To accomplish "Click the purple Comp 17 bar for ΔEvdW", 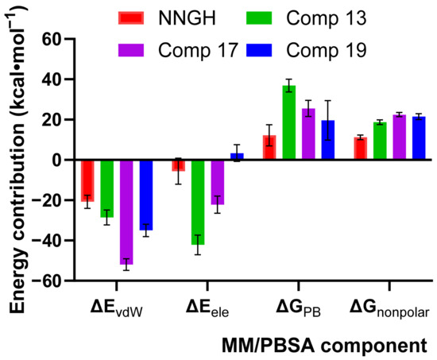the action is [126, 212].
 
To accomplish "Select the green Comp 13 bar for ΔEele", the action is [198, 203].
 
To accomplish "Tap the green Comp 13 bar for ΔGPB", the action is [289, 122].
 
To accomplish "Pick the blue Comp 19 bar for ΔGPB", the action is [328, 140].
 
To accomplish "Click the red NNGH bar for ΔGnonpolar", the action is [361, 149].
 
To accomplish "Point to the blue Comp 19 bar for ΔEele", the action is [237, 157].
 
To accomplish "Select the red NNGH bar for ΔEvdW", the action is [87, 181].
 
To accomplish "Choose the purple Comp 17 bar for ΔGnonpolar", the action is [400, 137].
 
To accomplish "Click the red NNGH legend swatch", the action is [131, 17].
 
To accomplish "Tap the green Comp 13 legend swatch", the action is [259, 17].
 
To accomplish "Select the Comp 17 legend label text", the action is [198, 51].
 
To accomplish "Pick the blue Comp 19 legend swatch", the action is [259, 50].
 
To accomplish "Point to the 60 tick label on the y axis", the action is [51, 39].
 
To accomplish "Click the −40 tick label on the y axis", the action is [46, 240].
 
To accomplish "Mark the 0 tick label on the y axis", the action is [56, 160].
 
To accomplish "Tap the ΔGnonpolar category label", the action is [389, 309].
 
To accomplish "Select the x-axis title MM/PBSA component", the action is [324, 346].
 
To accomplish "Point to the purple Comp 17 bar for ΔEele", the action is [218, 183].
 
